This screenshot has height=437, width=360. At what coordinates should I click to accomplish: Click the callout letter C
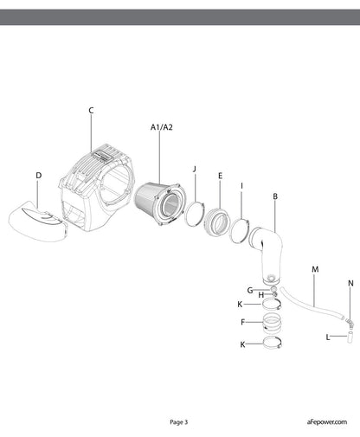point(91,111)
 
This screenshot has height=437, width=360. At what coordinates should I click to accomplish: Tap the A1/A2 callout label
point(162,127)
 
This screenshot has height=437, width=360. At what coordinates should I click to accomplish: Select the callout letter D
point(39,176)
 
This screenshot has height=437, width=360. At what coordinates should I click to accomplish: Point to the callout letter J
point(195,169)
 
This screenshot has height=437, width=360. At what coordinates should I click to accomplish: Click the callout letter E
point(221,176)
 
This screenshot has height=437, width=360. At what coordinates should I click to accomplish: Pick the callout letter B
point(275,196)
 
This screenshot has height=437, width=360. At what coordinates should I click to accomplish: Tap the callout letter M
point(315,269)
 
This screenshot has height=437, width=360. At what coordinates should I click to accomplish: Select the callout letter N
point(350,283)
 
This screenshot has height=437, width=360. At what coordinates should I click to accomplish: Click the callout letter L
point(328,337)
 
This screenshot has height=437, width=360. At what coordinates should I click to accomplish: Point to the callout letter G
point(250,290)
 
